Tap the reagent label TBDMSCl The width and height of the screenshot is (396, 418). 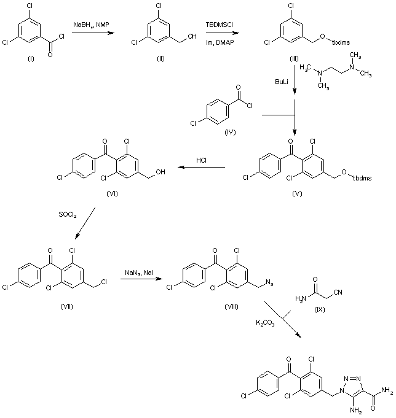[220, 25]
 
